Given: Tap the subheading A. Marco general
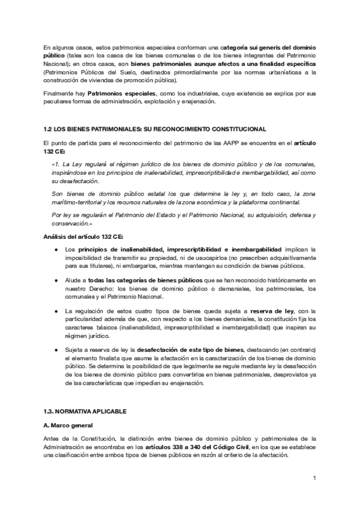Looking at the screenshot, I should pyautogui.click(x=66, y=424).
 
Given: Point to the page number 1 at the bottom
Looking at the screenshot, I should pyautogui.click(x=314, y=478).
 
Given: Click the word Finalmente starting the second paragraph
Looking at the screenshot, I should pyautogui.click(x=58, y=94).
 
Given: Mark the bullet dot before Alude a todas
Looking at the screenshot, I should pyautogui.click(x=56, y=280).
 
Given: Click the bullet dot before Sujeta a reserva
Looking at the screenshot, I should pyautogui.click(x=56, y=350).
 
